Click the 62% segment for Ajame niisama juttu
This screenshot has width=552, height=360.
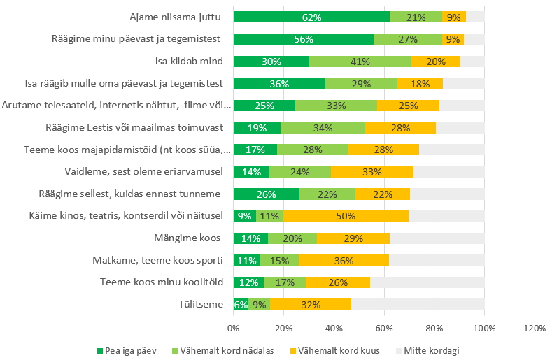pos(311,17)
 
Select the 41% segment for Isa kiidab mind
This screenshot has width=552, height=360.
pos(360,61)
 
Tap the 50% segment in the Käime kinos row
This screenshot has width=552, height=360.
pos(346,217)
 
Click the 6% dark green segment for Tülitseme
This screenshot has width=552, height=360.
pos(241,305)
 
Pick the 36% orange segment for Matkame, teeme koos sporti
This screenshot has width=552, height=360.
pos(344,261)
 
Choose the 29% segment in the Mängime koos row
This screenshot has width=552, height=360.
pos(353,238)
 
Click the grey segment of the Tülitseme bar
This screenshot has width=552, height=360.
pos(418,305)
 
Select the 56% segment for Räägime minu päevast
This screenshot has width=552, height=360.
pos(303,39)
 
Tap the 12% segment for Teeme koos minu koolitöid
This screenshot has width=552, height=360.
pos(248,282)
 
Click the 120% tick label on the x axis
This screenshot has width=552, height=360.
pos(535,327)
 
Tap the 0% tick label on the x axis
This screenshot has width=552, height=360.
pos(233,327)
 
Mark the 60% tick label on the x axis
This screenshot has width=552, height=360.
pos(384,327)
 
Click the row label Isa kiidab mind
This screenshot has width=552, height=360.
pos(192,61)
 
